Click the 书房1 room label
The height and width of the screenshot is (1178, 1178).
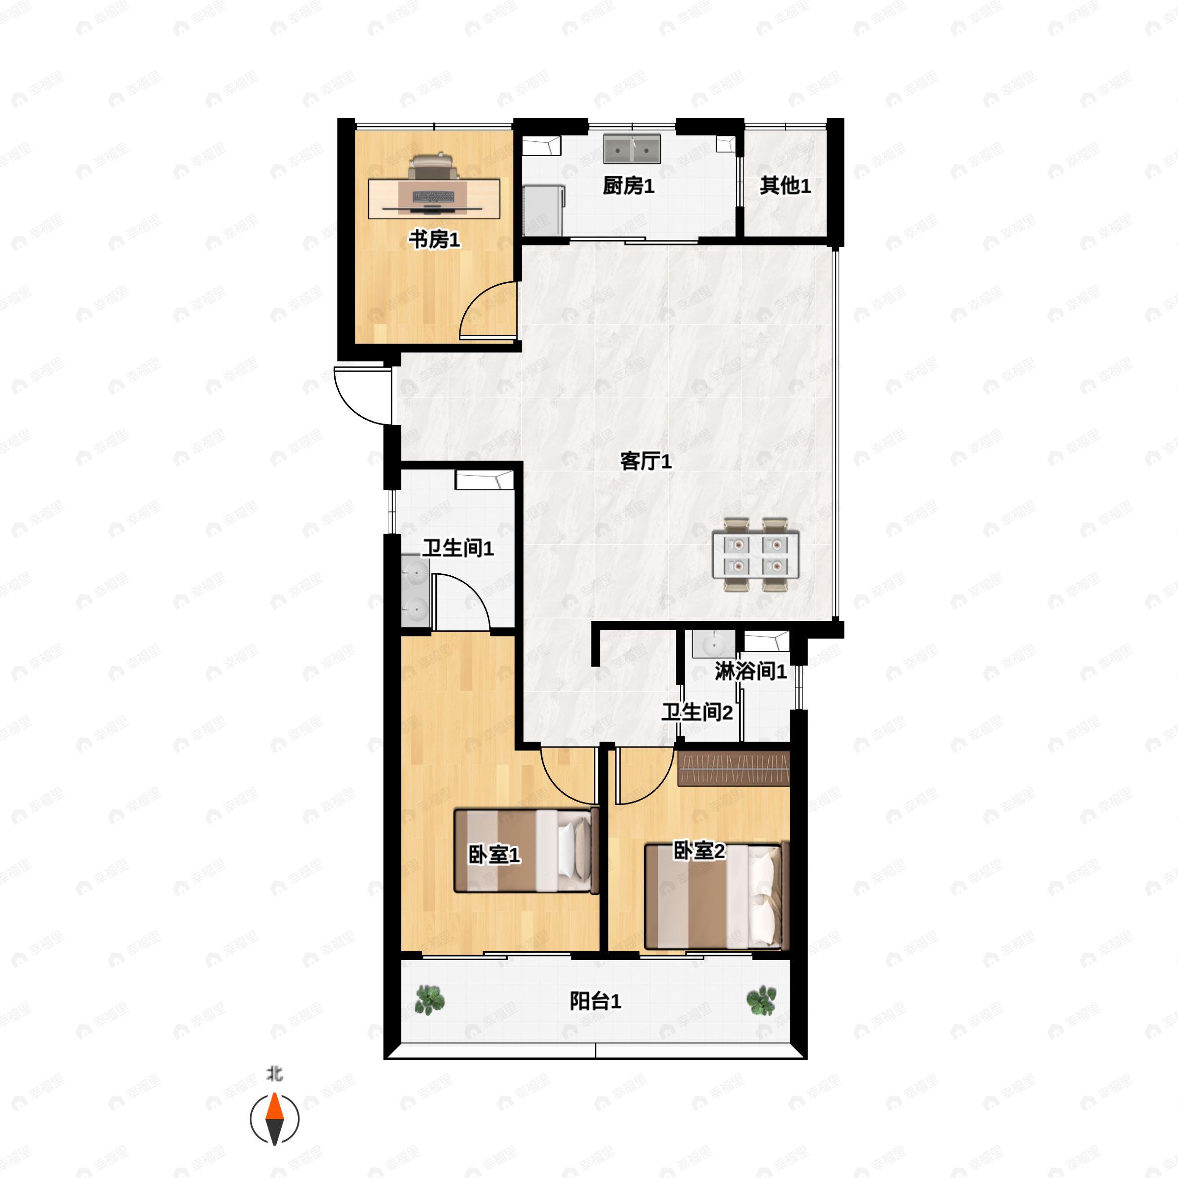(434, 239)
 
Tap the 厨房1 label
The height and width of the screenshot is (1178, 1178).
(629, 186)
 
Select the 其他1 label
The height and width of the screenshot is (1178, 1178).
(785, 186)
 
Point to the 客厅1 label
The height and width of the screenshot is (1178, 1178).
(646, 461)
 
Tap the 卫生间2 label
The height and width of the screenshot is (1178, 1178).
(697, 712)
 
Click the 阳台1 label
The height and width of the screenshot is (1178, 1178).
(595, 1001)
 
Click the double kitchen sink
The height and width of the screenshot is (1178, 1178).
(632, 149)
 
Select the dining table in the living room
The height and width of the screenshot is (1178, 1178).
(756, 554)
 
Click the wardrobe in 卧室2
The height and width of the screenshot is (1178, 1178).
(734, 768)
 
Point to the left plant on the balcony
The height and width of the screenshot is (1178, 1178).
(430, 1000)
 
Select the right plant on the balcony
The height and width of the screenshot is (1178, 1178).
(762, 1000)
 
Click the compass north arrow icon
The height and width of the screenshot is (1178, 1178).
(275, 1119)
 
